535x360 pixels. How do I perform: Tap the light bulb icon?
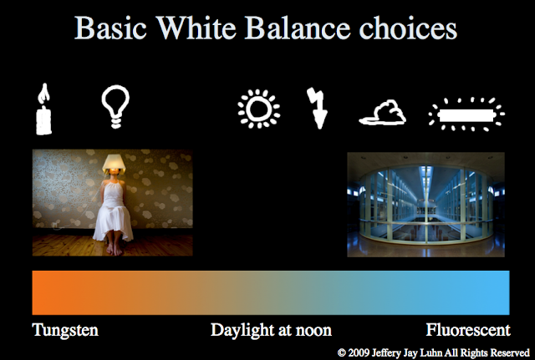pyautogui.click(x=114, y=105)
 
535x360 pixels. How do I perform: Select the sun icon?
pyautogui.click(x=257, y=109)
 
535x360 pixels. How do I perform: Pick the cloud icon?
pyautogui.click(x=381, y=113)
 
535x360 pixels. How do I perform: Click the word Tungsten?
pyautogui.click(x=65, y=329)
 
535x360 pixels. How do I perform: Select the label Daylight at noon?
pyautogui.click(x=271, y=329)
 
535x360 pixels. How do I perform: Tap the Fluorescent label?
pyautogui.click(x=467, y=329)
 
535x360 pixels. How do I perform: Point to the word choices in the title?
pyautogui.click(x=410, y=28)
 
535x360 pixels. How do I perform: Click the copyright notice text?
pyautogui.click(x=434, y=352)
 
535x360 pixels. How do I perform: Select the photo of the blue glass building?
pyautogui.click(x=425, y=204)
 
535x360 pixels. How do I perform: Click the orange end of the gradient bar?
pyautogui.click(x=50, y=292)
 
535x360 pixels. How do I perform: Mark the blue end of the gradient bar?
pyautogui.click(x=493, y=292)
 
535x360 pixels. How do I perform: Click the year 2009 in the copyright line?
pyautogui.click(x=360, y=352)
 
